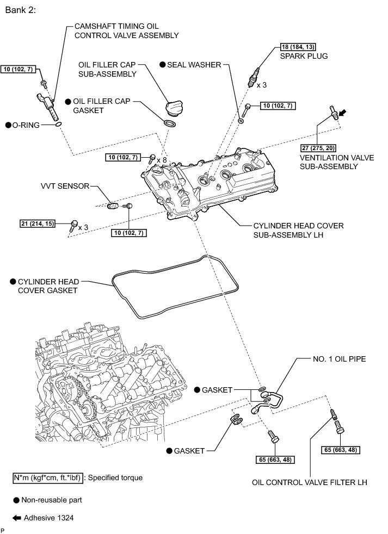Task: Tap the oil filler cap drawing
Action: (174, 107)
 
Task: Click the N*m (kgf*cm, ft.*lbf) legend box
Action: (47, 478)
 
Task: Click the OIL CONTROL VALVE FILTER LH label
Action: (309, 482)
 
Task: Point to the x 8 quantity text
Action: (161, 160)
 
